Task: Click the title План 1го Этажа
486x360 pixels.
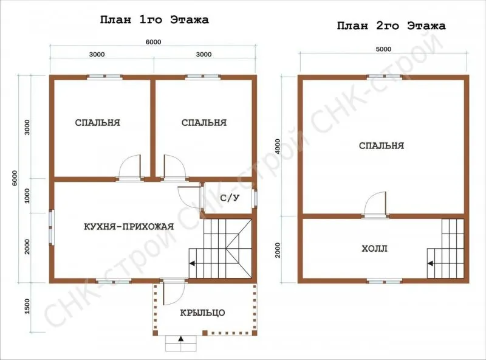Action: pos(154,20)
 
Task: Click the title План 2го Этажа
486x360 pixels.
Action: pos(391,26)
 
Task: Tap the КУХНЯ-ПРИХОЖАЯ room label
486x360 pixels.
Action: pos(129,227)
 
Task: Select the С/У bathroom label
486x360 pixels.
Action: pos(230,198)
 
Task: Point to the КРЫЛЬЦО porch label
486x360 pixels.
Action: pos(202,313)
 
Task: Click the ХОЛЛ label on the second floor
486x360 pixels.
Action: pos(374,249)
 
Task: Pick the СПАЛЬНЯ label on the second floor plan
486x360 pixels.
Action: pos(382,145)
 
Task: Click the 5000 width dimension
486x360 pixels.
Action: pos(384,49)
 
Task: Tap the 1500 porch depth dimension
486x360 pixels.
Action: pos(27,306)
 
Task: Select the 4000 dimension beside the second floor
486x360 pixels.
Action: pos(278,147)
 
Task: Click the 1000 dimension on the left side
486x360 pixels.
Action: pos(27,196)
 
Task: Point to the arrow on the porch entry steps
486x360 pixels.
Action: pos(181,339)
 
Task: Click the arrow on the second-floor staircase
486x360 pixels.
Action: pos(431,263)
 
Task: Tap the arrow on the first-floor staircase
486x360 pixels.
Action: pos(193,263)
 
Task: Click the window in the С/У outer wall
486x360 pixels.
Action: pos(255,198)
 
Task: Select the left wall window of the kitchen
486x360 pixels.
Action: pos(52,228)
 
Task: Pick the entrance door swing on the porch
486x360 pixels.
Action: pos(174,293)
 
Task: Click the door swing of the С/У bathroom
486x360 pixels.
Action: pos(189,195)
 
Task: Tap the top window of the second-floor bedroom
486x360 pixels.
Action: pos(385,77)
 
